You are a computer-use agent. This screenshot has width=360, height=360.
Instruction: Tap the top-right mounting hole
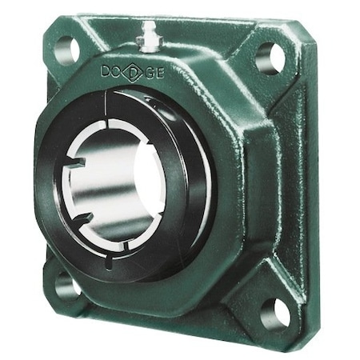[x=270, y=58]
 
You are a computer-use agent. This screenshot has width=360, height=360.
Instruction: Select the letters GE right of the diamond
[x=157, y=77]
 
